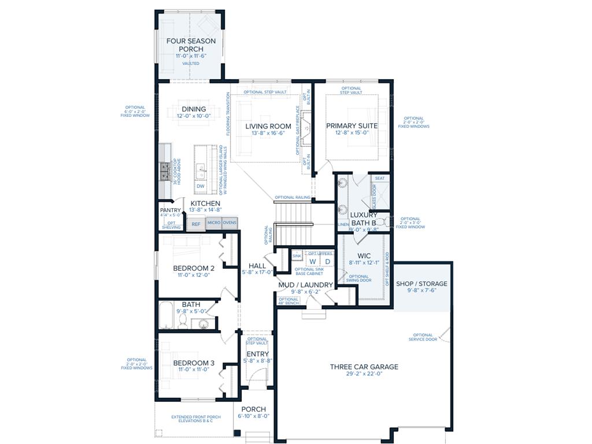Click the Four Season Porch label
click(191, 45)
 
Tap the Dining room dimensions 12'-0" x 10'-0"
click(194, 116)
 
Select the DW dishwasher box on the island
click(200, 186)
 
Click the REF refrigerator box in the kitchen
click(196, 224)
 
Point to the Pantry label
click(171, 210)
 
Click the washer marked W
click(312, 261)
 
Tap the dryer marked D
click(327, 261)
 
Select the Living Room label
click(268, 126)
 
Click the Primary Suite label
click(351, 125)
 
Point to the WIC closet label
click(364, 256)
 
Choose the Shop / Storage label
click(421, 284)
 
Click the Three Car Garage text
click(364, 367)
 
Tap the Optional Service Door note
click(423, 337)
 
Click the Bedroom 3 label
click(194, 363)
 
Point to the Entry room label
click(257, 354)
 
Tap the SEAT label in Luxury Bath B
click(380, 179)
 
